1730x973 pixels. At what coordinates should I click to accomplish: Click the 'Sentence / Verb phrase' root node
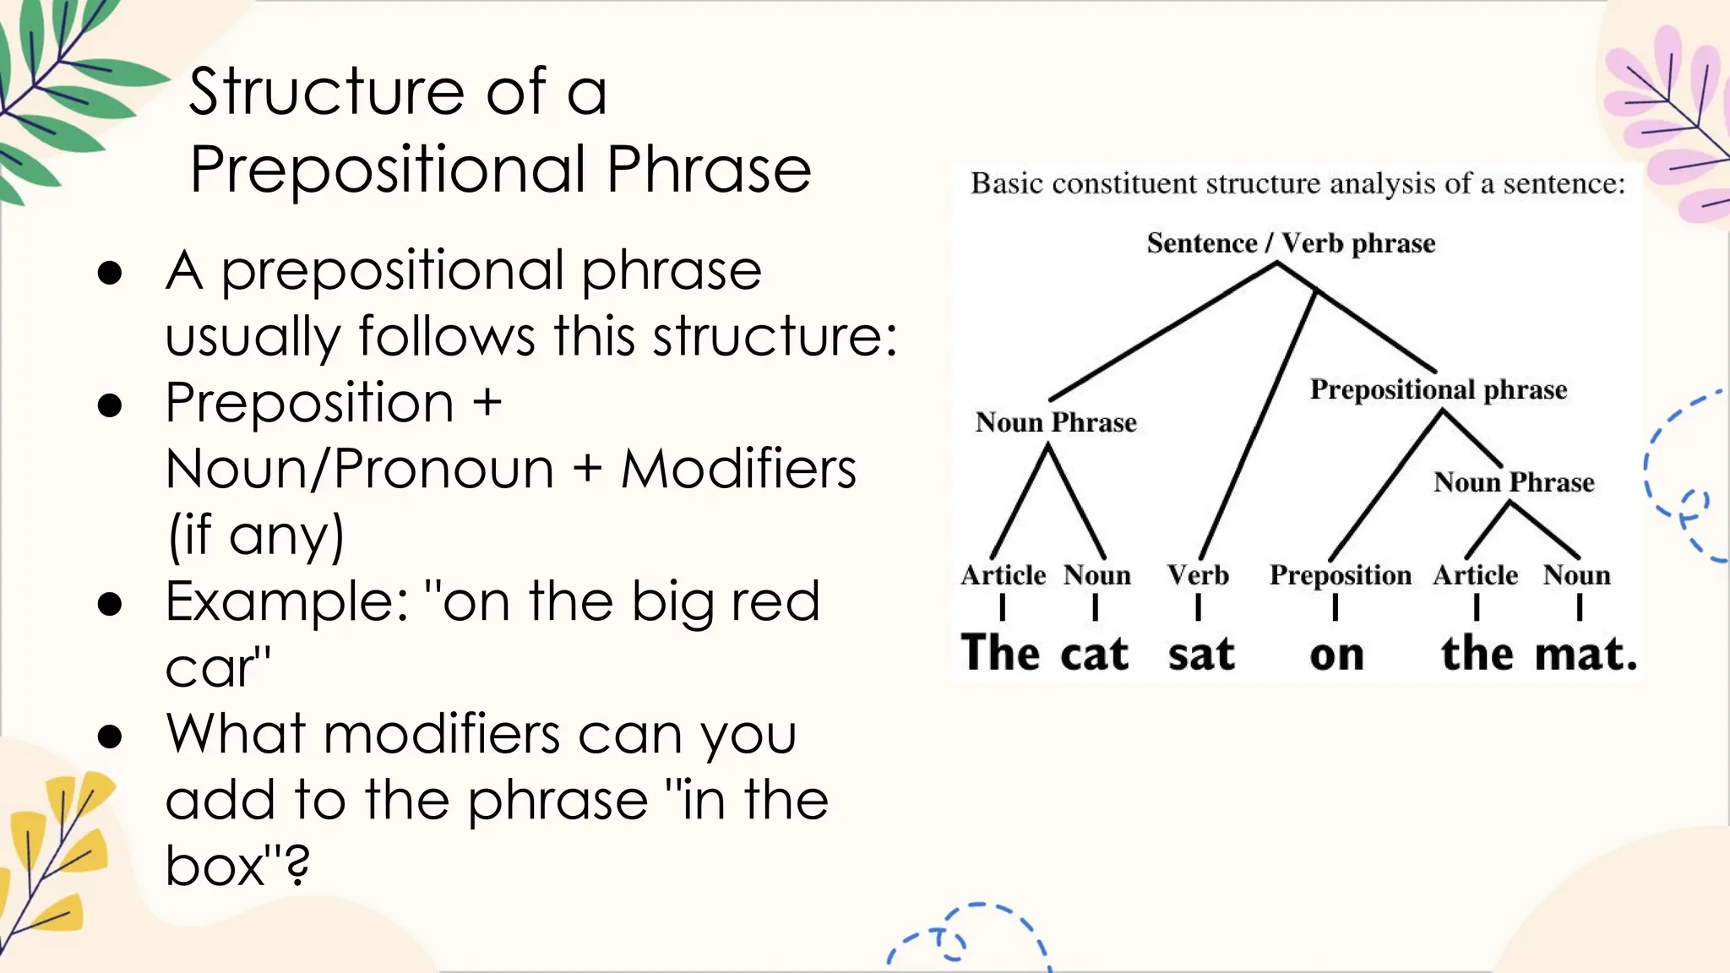point(1291,243)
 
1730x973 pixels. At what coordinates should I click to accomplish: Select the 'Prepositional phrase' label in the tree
point(1438,389)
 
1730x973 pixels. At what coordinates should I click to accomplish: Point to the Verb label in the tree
point(1198,575)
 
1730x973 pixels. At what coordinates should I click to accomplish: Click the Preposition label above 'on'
point(1340,575)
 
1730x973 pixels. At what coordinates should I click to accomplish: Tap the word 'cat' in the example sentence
point(1094,655)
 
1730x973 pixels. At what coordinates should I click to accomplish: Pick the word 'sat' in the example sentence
point(1201,655)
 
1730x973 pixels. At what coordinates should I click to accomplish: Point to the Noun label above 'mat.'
point(1576,575)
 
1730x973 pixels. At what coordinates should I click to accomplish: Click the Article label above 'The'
point(1003,575)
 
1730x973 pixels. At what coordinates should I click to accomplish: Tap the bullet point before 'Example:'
point(110,603)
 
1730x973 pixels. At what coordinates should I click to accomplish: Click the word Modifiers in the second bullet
point(738,469)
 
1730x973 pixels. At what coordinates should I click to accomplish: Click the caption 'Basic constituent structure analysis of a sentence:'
point(1297,183)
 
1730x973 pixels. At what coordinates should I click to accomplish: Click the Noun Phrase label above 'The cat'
point(1055,422)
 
